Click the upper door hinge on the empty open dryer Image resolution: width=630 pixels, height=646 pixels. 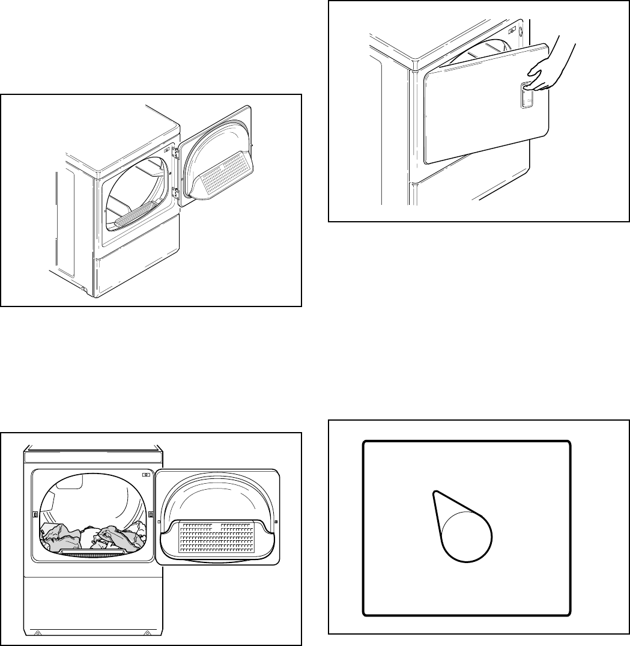point(175,154)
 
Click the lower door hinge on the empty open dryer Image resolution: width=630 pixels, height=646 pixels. point(175,192)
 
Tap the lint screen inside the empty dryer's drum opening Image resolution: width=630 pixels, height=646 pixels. point(136,214)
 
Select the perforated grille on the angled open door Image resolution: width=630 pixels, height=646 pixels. point(223,174)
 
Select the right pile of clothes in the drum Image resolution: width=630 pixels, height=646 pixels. point(118,537)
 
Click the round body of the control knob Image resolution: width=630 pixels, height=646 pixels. point(467,537)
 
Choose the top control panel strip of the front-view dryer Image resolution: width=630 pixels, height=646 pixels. point(93,457)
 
